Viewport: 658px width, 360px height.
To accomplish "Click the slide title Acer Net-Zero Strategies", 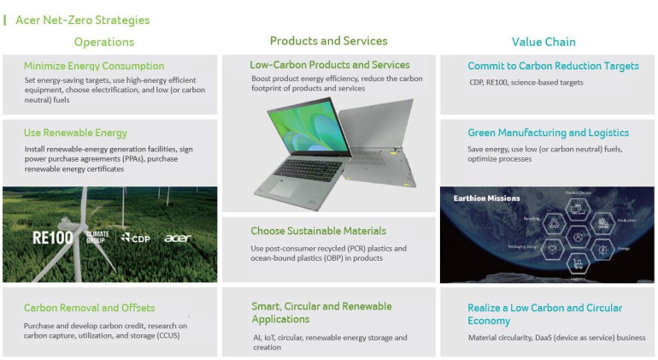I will (x=82, y=20).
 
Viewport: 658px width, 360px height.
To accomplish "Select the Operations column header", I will (x=104, y=42).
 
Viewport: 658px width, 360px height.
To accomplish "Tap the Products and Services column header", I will (x=328, y=41).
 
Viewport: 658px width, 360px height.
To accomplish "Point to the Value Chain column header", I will (x=543, y=42).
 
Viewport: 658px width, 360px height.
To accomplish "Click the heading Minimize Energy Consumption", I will (x=94, y=66).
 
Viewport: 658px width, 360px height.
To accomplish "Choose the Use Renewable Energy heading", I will (x=75, y=133).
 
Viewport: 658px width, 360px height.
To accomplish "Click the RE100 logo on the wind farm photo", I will (x=53, y=238).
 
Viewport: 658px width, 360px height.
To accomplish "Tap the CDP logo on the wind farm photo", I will (x=135, y=238).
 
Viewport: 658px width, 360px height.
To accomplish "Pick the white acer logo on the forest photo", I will (x=178, y=238).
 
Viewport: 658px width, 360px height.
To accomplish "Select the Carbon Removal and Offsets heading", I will (x=89, y=308).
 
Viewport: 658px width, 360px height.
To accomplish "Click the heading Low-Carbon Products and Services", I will (x=330, y=65).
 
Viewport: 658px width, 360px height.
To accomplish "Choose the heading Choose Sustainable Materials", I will (x=318, y=231).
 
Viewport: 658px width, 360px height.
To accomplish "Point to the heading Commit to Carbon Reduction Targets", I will (x=553, y=66).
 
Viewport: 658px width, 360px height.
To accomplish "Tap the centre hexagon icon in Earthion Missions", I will (x=579, y=237).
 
